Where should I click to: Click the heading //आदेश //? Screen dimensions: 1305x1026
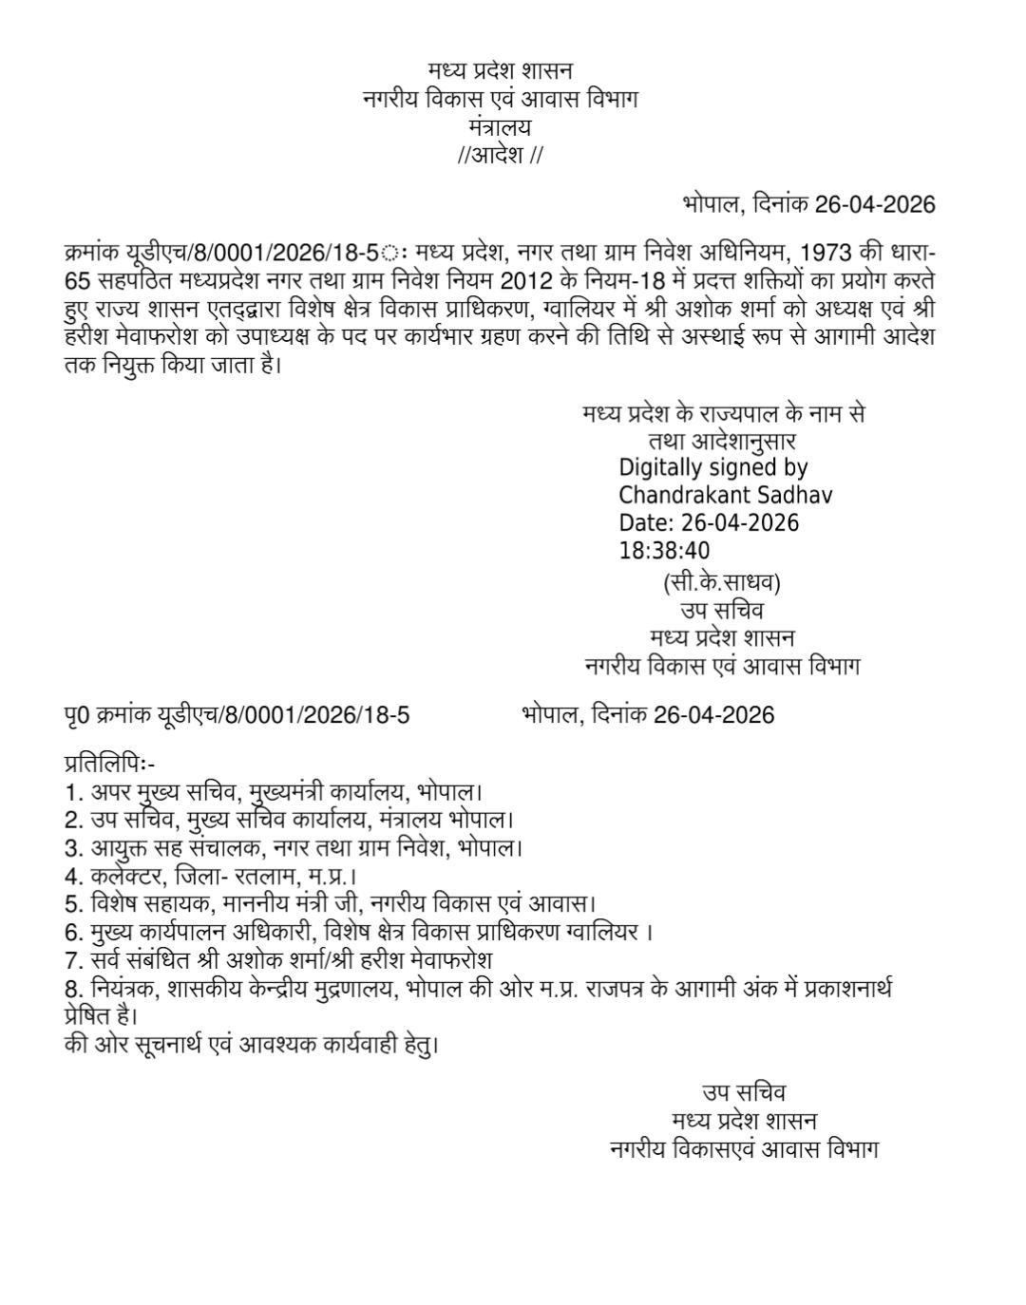(x=500, y=155)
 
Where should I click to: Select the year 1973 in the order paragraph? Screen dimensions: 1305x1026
(x=826, y=254)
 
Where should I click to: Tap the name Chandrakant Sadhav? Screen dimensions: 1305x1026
(x=725, y=495)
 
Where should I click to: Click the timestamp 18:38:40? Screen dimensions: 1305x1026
(x=664, y=551)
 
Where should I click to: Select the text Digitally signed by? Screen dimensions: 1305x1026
(x=712, y=467)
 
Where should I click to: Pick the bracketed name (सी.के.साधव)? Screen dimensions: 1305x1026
(x=721, y=582)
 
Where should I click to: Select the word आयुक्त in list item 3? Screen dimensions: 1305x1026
(x=120, y=847)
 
